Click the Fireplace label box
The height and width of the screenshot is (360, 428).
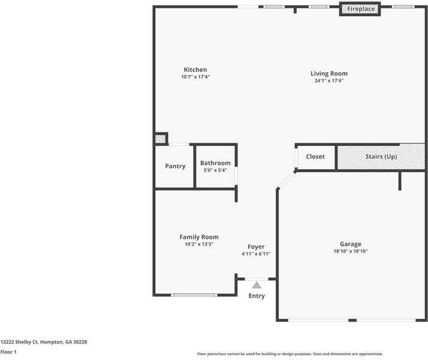pos(360,9)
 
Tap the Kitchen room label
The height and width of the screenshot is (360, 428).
pos(195,70)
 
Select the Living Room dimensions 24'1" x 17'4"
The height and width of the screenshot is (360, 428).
pos(328,80)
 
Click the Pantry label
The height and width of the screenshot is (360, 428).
pos(175,166)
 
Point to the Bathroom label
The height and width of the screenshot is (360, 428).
pos(215,163)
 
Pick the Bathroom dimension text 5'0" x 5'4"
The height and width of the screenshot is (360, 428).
pos(215,170)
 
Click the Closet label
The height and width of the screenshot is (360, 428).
pos(315,157)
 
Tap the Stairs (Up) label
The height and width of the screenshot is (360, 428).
pos(381,157)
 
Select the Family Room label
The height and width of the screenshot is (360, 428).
pos(199,237)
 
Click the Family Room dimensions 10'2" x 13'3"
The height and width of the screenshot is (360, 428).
pos(199,244)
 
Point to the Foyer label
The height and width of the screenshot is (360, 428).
pos(256,247)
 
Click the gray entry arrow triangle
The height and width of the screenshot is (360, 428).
pos(257,285)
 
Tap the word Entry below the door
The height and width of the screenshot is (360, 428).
pos(257,296)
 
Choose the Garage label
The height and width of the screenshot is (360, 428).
pos(351,244)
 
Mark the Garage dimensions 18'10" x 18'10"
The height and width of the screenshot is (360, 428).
pos(351,251)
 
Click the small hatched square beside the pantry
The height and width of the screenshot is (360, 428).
pos(161,139)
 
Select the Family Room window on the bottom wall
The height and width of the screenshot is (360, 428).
pos(194,295)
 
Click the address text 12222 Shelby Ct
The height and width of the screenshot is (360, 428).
pos(20,342)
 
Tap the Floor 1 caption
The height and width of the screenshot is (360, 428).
pos(8,352)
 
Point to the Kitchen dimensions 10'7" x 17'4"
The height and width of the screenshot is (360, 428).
pos(195,77)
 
